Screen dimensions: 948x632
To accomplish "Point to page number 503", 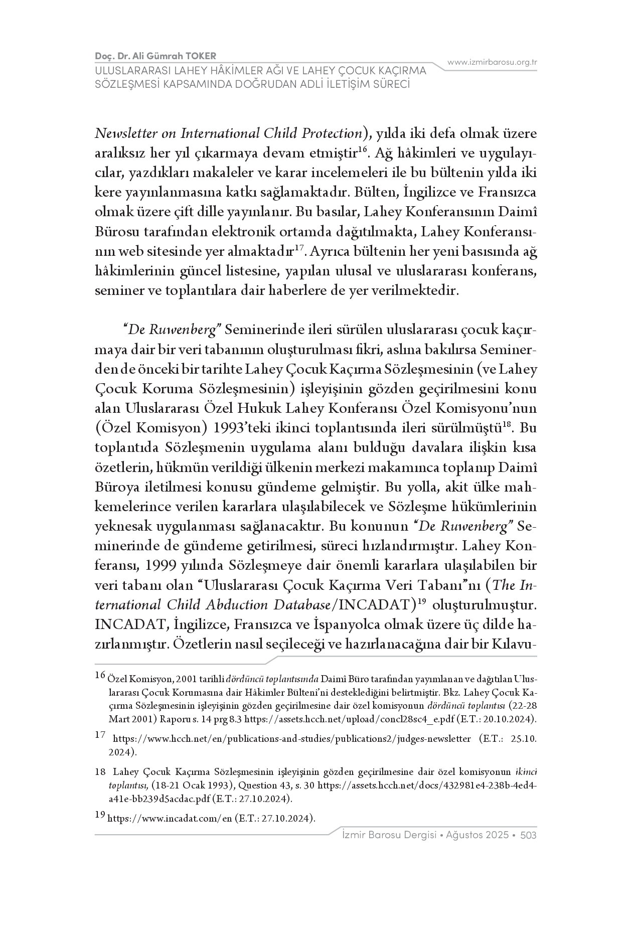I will pos(529,835).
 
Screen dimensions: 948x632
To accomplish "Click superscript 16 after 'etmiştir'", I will pos(363,149).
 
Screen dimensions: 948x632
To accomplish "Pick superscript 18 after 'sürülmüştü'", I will pos(507,425).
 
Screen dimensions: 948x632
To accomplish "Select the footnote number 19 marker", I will pos(100,815).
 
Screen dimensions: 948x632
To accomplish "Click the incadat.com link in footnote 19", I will pos(170,819).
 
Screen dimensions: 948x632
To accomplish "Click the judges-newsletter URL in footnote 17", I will pos(291,739).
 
